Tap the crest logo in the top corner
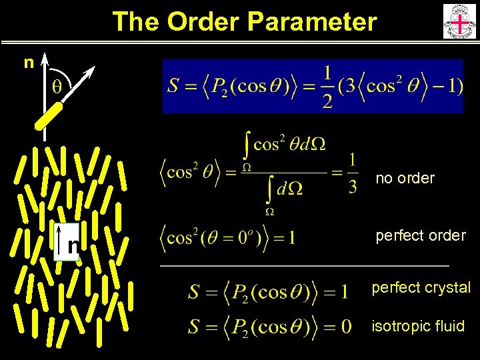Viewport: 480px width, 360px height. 459,21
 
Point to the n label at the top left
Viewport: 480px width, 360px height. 29,63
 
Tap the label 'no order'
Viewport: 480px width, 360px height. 405,178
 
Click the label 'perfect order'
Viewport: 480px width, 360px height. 420,235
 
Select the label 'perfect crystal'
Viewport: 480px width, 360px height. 421,287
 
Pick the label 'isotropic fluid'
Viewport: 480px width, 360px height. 418,326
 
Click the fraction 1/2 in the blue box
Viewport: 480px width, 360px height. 327,87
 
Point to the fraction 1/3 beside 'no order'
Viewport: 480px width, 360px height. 353,173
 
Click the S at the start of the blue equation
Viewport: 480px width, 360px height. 173,87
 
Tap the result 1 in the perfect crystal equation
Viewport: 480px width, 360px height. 343,291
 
